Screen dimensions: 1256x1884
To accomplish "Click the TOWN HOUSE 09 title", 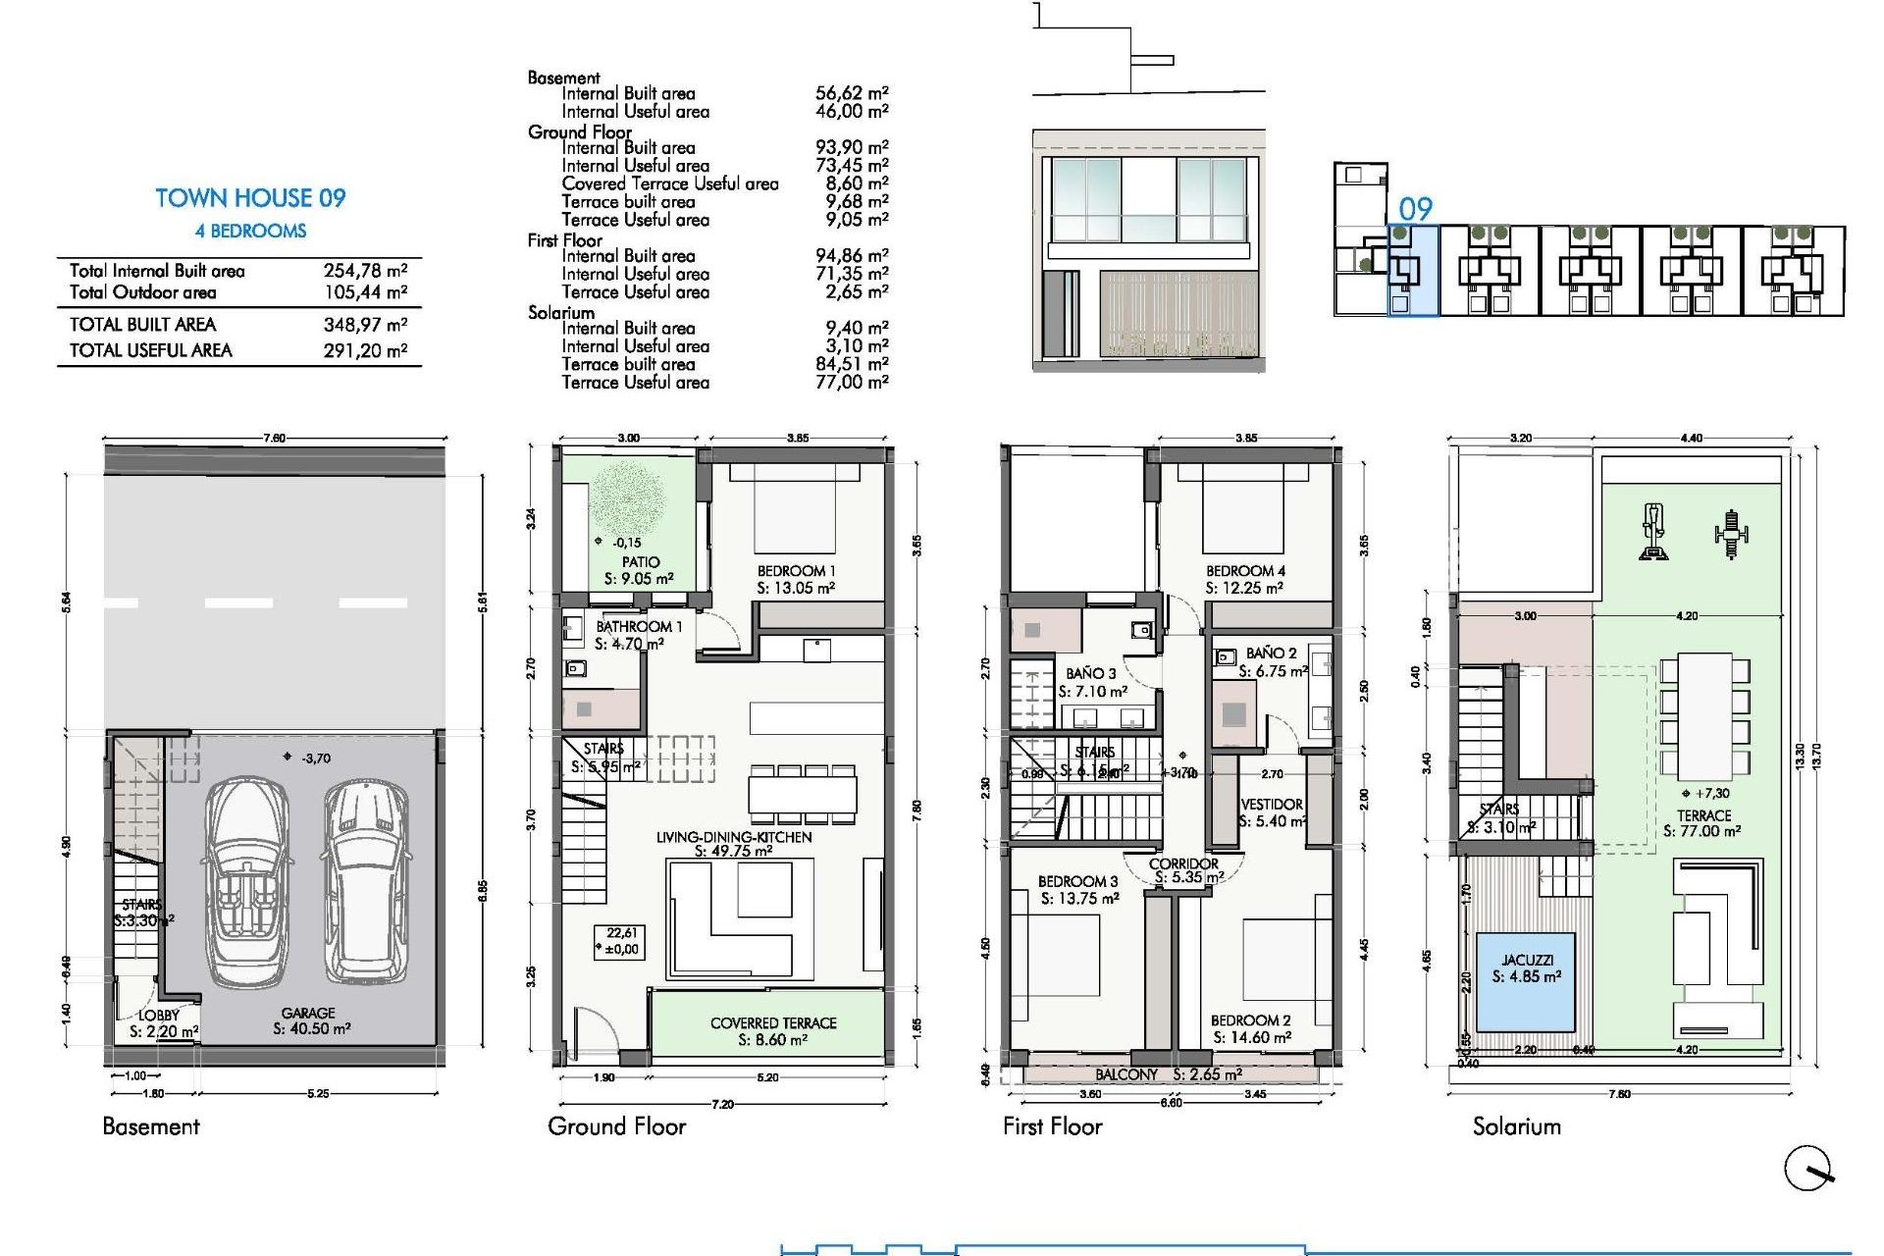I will pos(250,198).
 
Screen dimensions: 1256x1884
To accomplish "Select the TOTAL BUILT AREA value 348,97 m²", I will pos(365,325).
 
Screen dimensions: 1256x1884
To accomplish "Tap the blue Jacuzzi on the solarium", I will pos(1526,980).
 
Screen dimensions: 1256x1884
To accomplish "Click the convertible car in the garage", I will pos(246,880).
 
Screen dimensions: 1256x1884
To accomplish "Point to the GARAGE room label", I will pos(308,1013).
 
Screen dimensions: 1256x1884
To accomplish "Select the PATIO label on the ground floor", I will pos(640,562).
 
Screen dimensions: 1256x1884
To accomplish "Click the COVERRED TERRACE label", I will pos(773,1022).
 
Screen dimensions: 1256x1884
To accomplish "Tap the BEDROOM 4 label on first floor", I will pos(1245,571).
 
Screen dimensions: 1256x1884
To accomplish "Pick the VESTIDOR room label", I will pos(1272,805).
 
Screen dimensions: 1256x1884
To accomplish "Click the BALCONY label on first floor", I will pos(1126,1074).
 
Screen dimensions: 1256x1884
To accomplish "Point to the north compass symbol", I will pos(1808,1168).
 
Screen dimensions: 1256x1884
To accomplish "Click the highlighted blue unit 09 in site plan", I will pos(1412,270).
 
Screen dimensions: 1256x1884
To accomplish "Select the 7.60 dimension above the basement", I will pos(275,439).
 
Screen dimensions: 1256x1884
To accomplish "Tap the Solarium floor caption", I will pos(1516,1126).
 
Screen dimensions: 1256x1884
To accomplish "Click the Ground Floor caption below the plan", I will pos(616,1126).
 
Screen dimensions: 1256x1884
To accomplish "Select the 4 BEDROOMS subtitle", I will pos(250,232).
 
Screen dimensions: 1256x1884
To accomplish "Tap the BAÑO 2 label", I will pos(1271,653).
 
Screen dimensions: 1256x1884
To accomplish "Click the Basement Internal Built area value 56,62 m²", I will pos(851,93).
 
